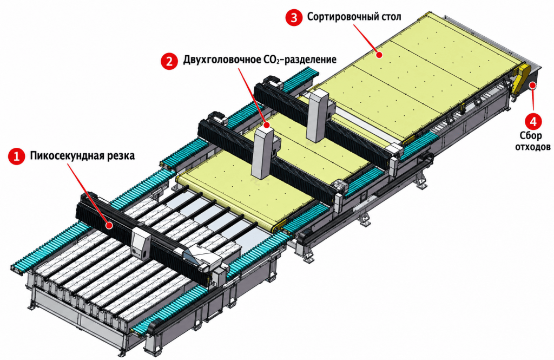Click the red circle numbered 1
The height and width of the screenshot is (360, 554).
tap(16, 156)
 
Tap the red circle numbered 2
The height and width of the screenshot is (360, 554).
tap(169, 61)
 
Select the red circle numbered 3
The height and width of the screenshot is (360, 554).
tap(294, 17)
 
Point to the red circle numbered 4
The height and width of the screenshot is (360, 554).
tap(533, 121)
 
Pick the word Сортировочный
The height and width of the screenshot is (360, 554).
tap(341, 17)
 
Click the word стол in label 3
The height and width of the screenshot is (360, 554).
tap(390, 17)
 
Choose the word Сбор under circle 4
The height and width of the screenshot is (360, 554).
tap(531, 136)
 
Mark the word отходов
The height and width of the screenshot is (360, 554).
tap(533, 146)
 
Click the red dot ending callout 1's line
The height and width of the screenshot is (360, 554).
tap(110, 224)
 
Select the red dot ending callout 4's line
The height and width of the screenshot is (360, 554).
tap(532, 84)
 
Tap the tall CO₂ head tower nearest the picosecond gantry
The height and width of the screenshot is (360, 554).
tap(263, 153)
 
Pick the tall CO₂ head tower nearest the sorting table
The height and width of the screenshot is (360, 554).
tap(318, 115)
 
